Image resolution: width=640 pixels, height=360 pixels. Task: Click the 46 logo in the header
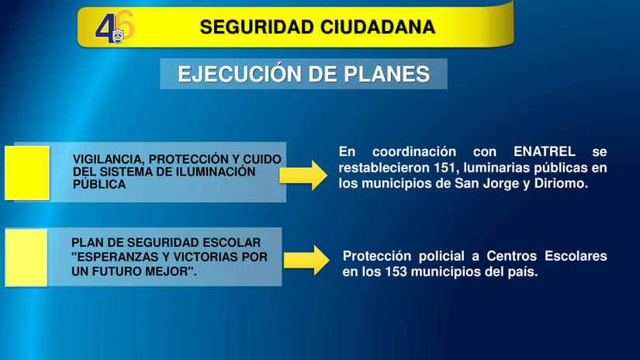click(115, 28)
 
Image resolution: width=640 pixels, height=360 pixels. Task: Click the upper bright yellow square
click(27, 172)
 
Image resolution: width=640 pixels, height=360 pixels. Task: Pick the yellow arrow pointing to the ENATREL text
click(303, 175)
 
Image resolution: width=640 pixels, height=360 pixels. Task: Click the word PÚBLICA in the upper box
click(99, 185)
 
